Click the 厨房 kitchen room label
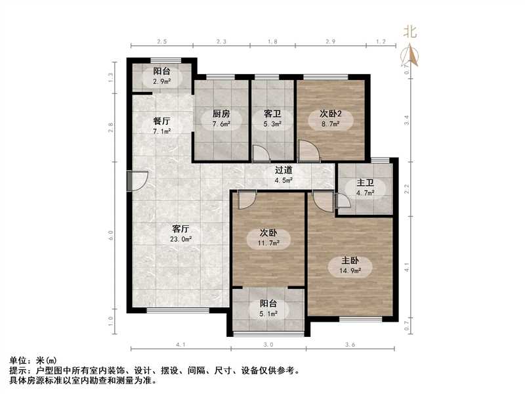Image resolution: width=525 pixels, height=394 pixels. (x=220, y=112)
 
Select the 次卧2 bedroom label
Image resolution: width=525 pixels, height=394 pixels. (x=331, y=113)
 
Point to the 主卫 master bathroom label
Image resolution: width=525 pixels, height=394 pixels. (x=365, y=183)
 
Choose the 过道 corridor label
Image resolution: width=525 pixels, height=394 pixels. (x=283, y=170)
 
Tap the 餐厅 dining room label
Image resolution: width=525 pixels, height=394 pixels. (x=162, y=121)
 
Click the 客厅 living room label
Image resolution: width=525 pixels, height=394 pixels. (x=180, y=229)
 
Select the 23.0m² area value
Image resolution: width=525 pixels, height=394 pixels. (x=180, y=240)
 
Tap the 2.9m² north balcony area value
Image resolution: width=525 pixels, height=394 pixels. (x=162, y=81)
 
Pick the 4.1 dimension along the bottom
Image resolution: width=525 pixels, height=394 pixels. (x=181, y=345)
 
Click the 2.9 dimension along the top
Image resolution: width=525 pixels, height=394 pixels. (x=330, y=42)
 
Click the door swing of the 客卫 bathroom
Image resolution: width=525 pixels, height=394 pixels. (x=261, y=154)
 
